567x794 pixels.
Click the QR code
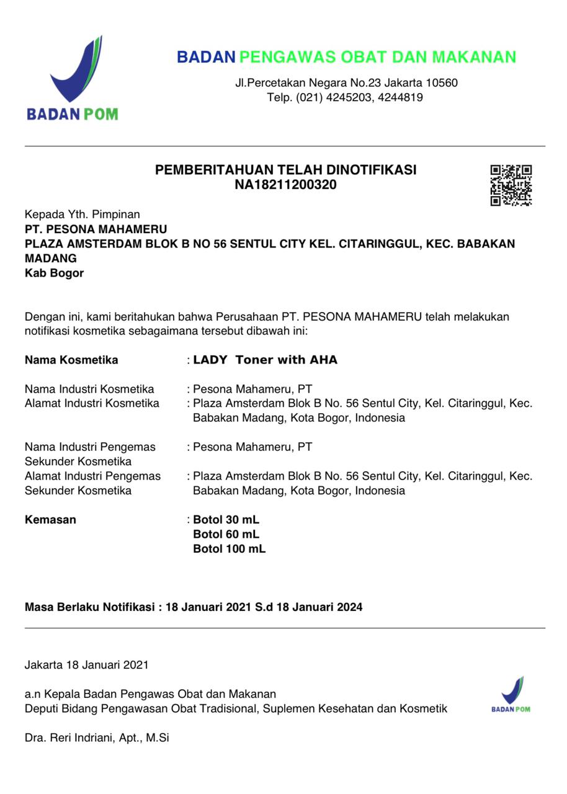pos(511,185)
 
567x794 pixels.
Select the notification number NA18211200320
pos(285,185)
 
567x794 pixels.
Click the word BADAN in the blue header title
pos(205,57)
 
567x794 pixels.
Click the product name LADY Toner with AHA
pos(266,360)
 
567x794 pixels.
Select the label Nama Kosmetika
pos(71,360)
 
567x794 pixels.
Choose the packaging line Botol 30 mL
pos(226,520)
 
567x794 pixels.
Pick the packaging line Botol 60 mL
pos(226,534)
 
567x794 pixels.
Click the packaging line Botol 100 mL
pos(229,549)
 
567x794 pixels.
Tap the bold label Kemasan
pos(50,520)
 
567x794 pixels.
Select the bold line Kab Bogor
pos(54,273)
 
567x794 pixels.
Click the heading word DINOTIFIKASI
pos(371,170)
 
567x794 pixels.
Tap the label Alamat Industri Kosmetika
pos(92,403)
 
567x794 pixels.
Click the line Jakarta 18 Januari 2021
pos(87,665)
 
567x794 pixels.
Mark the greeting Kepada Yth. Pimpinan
pos(83,215)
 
